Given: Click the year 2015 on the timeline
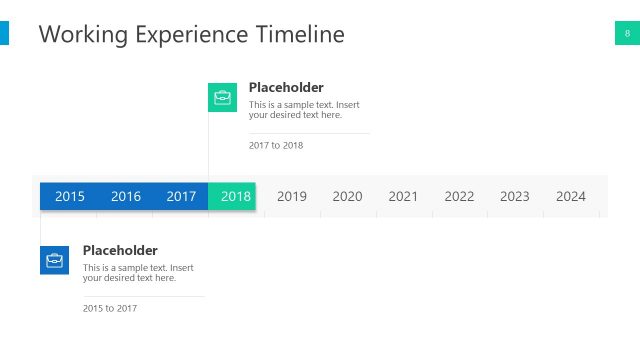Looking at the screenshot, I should (x=70, y=196).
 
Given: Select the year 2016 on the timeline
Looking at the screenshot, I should (x=126, y=196).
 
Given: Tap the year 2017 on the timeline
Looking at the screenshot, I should (x=181, y=196).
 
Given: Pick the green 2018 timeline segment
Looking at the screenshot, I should (x=235, y=196).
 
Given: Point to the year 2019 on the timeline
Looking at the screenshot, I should (x=292, y=196).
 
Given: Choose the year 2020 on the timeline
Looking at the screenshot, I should (x=347, y=196).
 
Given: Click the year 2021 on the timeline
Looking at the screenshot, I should (x=403, y=196).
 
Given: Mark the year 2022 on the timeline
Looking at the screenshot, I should (x=459, y=196).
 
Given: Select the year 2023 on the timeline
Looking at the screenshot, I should (x=515, y=196).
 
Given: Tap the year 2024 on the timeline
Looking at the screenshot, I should (x=571, y=196).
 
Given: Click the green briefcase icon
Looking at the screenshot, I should (x=223, y=97).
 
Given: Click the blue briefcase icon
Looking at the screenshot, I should (x=55, y=260).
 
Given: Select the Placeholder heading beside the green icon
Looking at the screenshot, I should (x=286, y=87).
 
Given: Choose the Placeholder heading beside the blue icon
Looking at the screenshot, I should (x=120, y=250).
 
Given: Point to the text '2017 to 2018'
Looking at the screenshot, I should (x=276, y=145).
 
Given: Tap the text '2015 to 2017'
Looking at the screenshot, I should (x=110, y=308).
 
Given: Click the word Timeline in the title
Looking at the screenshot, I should (x=296, y=35).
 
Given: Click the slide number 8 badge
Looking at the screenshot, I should (x=627, y=34).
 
